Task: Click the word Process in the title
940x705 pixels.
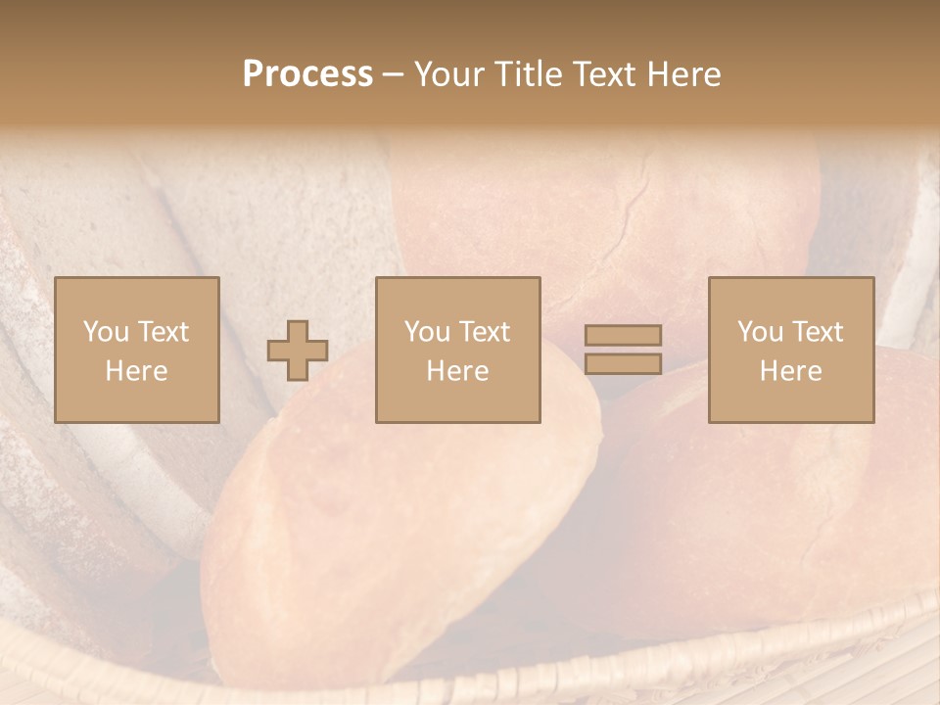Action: click(307, 74)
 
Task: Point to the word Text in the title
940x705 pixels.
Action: click(606, 74)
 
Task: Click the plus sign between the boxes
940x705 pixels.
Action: click(298, 351)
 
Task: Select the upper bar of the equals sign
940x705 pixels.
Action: click(623, 336)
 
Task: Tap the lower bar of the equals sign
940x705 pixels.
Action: click(623, 364)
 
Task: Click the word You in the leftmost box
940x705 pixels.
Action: click(106, 332)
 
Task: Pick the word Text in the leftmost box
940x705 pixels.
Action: click(163, 332)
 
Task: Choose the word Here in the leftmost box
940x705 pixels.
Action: click(136, 371)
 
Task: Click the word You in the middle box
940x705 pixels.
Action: click(427, 332)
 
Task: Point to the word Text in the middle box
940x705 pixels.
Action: click(484, 332)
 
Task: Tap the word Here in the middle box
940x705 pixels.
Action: click(457, 371)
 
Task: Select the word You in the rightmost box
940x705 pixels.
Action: click(760, 332)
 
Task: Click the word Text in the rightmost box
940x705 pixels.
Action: click(817, 332)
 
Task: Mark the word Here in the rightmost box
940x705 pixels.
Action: click(790, 371)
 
